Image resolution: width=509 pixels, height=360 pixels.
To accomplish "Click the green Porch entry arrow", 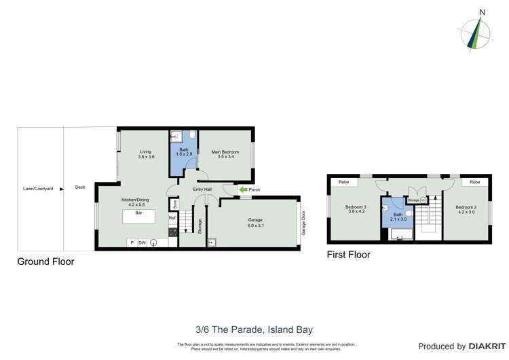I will [242, 190].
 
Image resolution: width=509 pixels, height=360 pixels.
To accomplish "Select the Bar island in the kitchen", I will [138, 217].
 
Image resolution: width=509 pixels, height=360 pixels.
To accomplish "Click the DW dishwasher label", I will [143, 242].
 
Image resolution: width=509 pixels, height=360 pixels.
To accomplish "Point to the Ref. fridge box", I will [173, 218].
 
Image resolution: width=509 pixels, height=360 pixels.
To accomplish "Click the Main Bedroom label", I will [225, 154].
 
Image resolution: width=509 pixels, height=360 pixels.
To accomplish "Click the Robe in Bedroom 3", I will [344, 182].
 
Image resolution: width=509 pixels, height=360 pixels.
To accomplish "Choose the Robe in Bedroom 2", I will [474, 182].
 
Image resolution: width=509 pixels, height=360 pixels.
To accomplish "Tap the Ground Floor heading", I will [45, 262].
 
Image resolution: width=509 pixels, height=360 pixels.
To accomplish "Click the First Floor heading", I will [349, 255].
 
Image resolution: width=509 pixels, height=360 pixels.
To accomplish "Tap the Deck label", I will [80, 187].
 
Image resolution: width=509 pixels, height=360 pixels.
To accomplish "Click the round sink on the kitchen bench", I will [155, 243].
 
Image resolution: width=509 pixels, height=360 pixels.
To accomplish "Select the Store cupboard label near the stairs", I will [174, 203].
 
